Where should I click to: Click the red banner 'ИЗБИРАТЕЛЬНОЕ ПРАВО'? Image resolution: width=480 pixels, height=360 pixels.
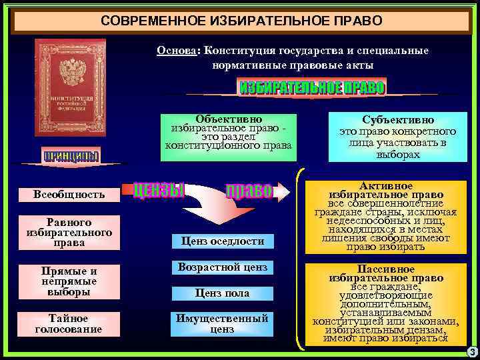click(311, 88)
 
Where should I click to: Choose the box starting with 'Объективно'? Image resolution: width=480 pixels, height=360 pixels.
click(229, 132)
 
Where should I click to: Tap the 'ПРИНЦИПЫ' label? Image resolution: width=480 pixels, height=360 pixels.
click(71, 157)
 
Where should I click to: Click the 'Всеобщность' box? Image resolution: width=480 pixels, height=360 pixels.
click(69, 195)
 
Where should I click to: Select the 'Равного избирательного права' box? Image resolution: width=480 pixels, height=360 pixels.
click(69, 233)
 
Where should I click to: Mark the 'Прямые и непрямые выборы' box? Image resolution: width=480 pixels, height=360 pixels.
click(69, 281)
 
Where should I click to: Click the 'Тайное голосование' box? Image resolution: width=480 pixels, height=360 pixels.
click(69, 323)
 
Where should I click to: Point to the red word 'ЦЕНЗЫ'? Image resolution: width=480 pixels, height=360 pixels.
click(158, 191)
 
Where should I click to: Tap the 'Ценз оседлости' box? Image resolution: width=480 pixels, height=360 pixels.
click(222, 241)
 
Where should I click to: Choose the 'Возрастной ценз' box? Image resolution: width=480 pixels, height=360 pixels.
click(222, 267)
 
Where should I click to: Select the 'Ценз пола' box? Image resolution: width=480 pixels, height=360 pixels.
click(222, 293)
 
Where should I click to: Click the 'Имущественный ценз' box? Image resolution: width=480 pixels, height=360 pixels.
click(222, 323)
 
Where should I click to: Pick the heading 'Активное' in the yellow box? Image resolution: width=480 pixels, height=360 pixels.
click(386, 185)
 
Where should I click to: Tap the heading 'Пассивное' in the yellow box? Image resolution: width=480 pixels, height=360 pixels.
click(386, 269)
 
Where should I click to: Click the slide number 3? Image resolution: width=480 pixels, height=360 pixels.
click(472, 352)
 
